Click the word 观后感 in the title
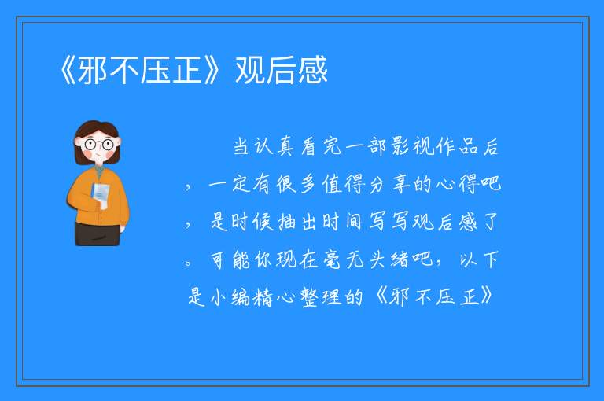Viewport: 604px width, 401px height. click(282, 70)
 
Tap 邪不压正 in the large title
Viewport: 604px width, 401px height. click(140, 70)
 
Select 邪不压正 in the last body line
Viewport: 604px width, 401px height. click(435, 297)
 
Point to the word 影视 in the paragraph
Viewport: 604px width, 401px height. click(414, 146)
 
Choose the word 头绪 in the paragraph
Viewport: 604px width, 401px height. click(389, 259)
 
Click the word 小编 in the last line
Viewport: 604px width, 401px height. click(230, 297)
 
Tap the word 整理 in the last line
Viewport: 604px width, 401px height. click(321, 297)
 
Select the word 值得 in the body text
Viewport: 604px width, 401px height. click(344, 184)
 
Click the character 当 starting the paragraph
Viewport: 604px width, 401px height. click(241, 147)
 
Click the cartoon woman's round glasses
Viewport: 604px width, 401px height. click(98, 145)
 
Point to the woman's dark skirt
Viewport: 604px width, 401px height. click(98, 234)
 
